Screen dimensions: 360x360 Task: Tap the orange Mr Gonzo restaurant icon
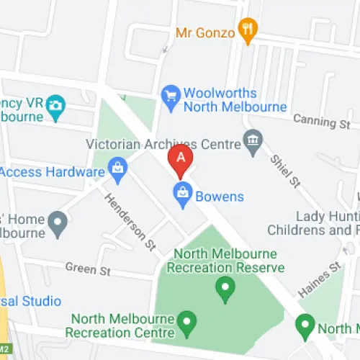248,30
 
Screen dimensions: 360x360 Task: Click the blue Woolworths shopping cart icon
170,99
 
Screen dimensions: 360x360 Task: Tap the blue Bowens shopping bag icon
183,194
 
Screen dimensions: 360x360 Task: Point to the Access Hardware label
53,172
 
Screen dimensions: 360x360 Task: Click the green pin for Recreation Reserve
226,290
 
